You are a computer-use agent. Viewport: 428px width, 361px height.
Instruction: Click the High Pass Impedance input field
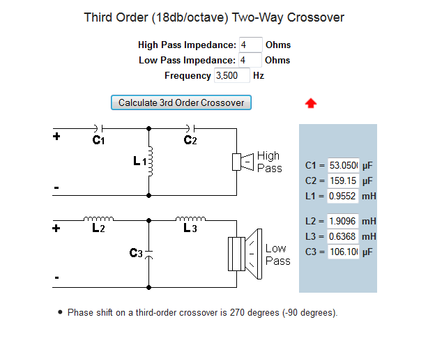point(250,45)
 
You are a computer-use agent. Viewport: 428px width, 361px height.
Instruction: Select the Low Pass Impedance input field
point(250,60)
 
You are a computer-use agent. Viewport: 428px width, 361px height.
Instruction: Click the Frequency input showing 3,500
point(231,75)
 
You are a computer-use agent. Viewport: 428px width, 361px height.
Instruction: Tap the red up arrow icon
point(311,103)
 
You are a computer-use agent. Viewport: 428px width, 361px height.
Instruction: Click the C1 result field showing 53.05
point(344,166)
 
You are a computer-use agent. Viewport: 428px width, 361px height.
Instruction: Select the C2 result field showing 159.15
point(344,180)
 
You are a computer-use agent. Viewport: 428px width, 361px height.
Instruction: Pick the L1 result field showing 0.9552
point(344,196)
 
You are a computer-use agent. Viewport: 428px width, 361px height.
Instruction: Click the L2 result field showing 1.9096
point(344,221)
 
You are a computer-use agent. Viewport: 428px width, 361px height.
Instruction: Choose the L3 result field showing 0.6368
point(344,236)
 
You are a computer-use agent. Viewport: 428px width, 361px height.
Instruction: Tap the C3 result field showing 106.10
point(344,251)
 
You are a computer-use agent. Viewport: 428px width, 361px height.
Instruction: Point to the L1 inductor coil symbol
point(148,162)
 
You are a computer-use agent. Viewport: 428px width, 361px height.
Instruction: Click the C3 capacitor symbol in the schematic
point(149,254)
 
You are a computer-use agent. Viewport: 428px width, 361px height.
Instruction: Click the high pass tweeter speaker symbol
point(243,162)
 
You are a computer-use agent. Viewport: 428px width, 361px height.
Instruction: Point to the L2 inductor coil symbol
point(98,218)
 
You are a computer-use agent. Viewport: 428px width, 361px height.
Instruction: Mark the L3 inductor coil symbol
point(190,218)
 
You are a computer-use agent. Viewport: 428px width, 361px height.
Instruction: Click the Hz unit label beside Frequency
point(259,75)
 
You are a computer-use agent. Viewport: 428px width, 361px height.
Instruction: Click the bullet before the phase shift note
point(61,312)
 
